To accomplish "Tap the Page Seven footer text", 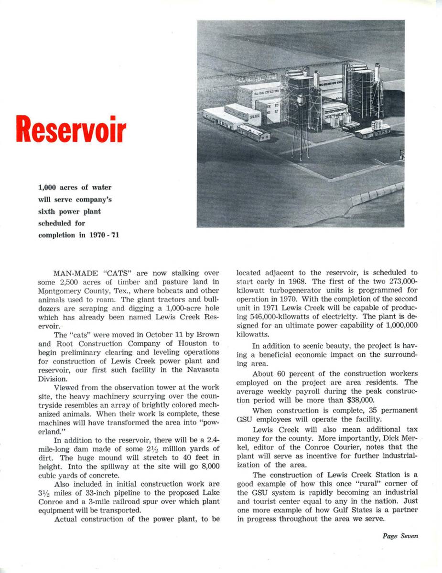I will [400, 536].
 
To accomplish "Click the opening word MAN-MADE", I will [75, 274].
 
